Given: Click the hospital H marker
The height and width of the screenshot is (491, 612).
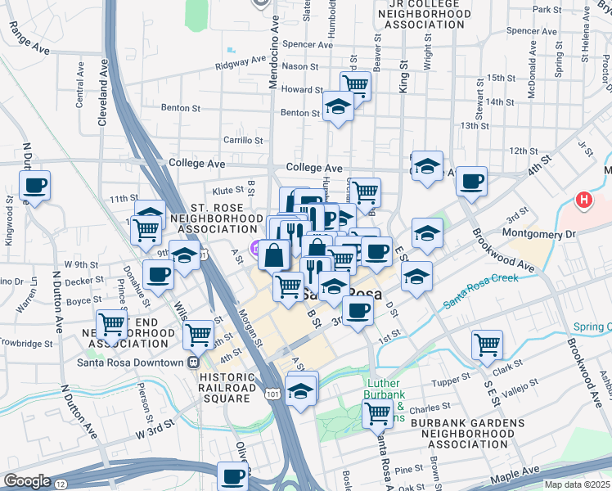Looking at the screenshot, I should (583, 200).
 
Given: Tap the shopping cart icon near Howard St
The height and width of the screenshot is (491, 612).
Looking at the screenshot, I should (356, 83).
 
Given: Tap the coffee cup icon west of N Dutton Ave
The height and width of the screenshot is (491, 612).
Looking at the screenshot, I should (34, 186).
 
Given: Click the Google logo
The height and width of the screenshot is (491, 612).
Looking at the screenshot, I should (27, 481).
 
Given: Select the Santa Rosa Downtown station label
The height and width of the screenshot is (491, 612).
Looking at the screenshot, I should (131, 363).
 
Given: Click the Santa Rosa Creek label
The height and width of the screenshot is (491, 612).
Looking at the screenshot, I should (481, 291).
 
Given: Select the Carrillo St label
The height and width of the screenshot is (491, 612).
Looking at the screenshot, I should (243, 140).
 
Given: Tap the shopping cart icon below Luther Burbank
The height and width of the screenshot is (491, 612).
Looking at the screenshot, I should (377, 413).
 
